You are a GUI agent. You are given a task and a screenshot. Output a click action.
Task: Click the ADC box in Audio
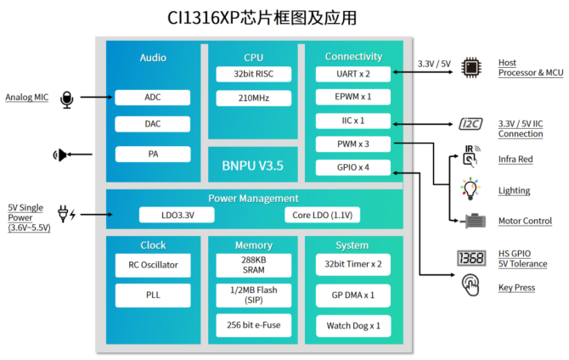click(x=152, y=98)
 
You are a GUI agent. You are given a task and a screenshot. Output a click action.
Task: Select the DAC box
click(x=152, y=124)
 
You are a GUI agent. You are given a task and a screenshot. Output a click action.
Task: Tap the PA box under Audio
click(x=152, y=154)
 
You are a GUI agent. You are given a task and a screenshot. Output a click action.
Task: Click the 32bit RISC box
click(x=253, y=75)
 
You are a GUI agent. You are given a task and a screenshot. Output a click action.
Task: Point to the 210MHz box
click(x=253, y=98)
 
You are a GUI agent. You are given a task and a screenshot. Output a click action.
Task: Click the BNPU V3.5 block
click(x=253, y=164)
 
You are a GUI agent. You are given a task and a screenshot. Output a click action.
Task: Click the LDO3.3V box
click(x=165, y=215)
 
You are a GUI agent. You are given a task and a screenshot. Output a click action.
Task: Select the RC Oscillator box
click(x=152, y=265)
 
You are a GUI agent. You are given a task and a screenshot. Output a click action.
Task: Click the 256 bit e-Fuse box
click(x=253, y=324)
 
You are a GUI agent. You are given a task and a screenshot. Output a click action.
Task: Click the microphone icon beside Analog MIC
click(x=67, y=99)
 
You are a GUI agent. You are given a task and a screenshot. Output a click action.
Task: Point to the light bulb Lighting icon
click(x=469, y=189)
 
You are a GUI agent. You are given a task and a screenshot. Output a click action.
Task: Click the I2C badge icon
click(x=470, y=124)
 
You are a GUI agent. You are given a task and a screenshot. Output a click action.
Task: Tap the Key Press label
click(x=516, y=288)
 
